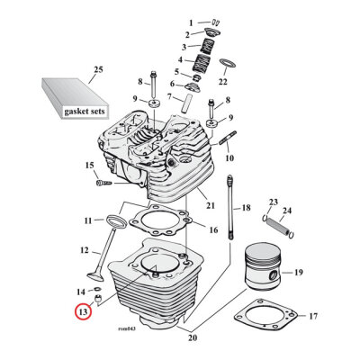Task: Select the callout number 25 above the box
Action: pyautogui.click(x=98, y=70)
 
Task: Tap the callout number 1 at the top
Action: pyautogui.click(x=191, y=22)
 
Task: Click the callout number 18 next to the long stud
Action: pyautogui.click(x=245, y=209)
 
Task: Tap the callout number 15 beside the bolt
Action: pyautogui.click(x=89, y=166)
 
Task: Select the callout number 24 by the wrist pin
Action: pyautogui.click(x=287, y=212)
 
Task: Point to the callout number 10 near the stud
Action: pyautogui.click(x=229, y=158)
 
